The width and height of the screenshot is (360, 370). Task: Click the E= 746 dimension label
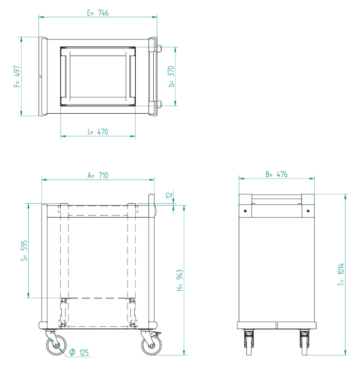coord(98,13)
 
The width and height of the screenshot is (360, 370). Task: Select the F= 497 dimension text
coord(17,77)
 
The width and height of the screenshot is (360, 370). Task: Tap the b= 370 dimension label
coord(171,76)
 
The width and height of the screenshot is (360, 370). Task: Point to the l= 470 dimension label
coord(98,132)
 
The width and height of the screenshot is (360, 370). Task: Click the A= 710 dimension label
coord(98,175)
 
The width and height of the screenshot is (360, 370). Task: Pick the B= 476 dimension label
coord(277,174)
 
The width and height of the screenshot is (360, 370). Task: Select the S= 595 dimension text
coord(24,251)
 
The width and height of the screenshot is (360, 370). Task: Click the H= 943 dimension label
coord(179,280)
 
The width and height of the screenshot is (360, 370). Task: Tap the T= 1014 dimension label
coord(341,274)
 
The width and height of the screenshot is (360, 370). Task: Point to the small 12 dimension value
coord(169,195)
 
